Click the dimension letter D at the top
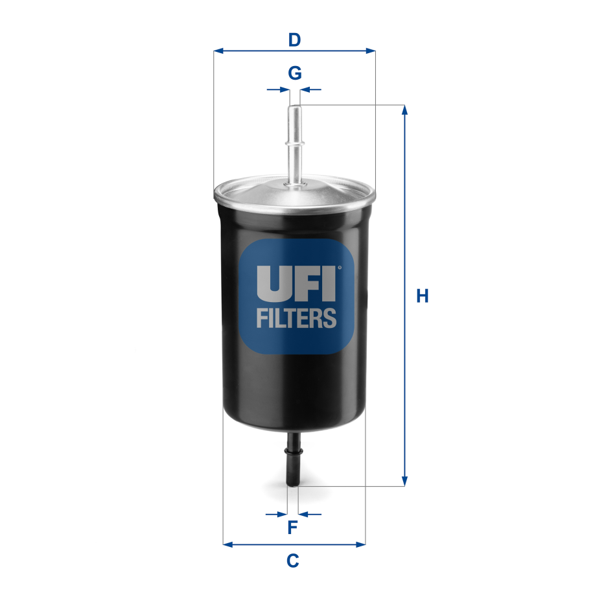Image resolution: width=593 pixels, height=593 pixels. coord(295,40)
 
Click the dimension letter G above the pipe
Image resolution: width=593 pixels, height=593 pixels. coord(295,73)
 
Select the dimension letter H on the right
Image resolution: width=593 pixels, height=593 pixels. coord(423,296)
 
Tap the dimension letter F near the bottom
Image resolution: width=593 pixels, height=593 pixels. coord(292,528)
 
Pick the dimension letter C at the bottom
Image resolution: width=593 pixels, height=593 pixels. coord(293,559)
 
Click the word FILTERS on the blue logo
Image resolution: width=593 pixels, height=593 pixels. coord(296,318)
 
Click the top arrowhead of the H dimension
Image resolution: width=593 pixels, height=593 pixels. coord(405,110)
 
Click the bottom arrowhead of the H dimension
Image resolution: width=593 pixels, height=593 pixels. coord(405,481)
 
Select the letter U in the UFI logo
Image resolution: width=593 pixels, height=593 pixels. coord(270,283)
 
